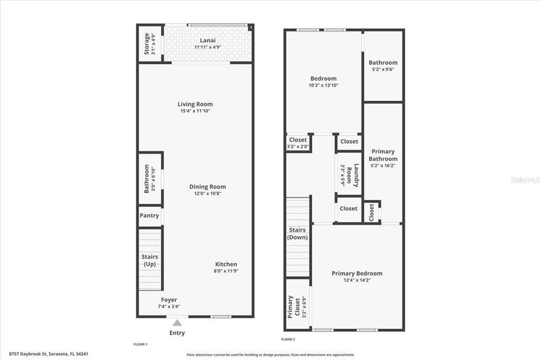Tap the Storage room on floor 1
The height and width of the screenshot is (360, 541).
click(x=150, y=44)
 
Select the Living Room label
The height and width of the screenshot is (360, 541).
click(x=196, y=104)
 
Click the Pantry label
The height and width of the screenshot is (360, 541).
click(x=150, y=215)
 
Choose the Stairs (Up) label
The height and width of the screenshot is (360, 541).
click(x=150, y=260)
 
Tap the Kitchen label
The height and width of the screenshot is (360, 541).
click(x=226, y=264)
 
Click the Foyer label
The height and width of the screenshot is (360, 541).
click(x=169, y=299)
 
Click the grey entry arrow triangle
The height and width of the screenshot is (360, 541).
click(x=177, y=323)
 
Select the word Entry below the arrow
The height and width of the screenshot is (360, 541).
click(x=177, y=333)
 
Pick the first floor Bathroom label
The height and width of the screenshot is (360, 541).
click(x=147, y=179)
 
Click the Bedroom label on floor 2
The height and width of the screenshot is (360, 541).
click(x=323, y=79)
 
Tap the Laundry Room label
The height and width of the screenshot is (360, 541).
click(x=356, y=176)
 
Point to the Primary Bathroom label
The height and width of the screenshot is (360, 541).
click(x=383, y=155)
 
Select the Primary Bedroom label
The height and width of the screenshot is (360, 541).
click(x=357, y=274)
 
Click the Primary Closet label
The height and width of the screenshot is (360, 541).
click(x=294, y=306)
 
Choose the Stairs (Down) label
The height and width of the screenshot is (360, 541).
click(x=298, y=233)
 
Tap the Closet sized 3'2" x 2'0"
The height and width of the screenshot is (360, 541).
click(x=298, y=143)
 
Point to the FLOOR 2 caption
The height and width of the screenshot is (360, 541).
click(x=289, y=340)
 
